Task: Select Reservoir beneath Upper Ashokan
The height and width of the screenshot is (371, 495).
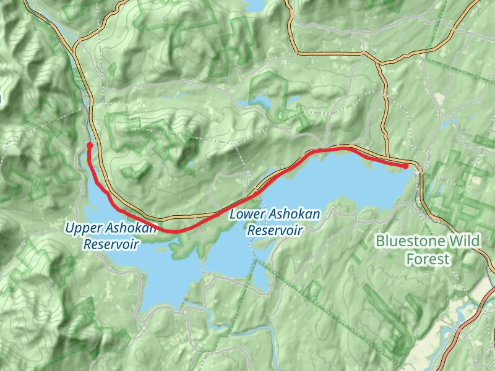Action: coord(111,244)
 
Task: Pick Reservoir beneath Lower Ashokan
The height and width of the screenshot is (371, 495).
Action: coord(275,230)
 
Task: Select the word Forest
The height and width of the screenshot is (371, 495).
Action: coord(428,258)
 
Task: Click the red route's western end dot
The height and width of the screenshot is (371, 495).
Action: coord(90,145)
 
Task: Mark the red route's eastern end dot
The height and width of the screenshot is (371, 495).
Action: coord(405,166)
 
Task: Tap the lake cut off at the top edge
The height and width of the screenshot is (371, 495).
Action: coord(254,5)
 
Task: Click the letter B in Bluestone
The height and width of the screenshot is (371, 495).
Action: coord(380,241)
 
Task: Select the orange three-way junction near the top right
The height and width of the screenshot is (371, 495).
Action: coord(378,62)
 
